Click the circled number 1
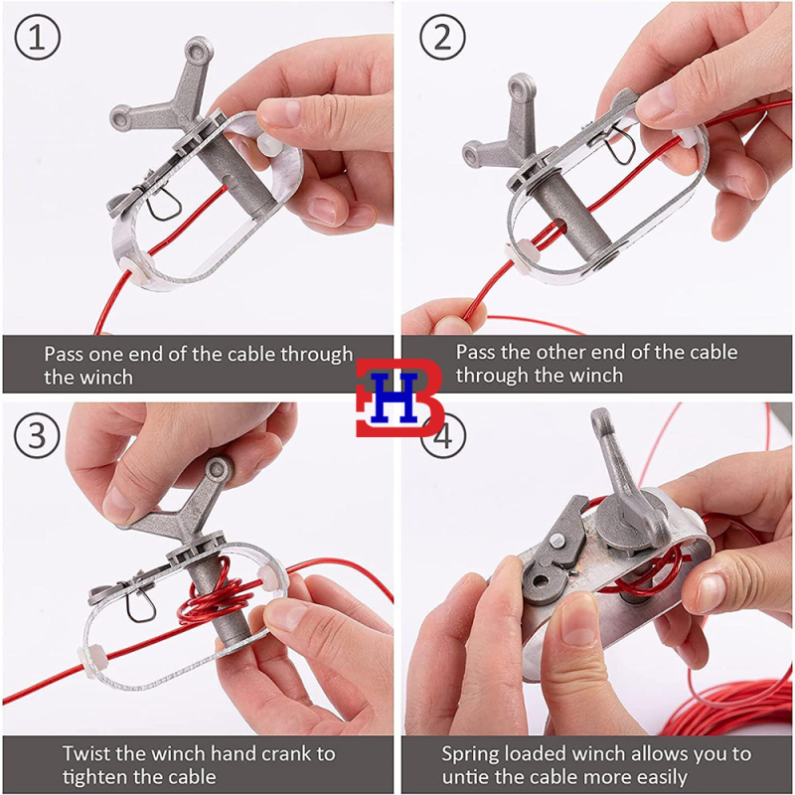pos(37,37)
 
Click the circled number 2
pos(442,37)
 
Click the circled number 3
pos(37,435)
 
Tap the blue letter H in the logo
pos(394,397)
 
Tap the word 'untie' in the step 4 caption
pos(464,777)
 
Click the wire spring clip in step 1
pos(164,203)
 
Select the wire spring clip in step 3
pos(141,606)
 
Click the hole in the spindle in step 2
pos(558,225)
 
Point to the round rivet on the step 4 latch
pos(557,542)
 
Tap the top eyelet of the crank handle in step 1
pos(199,50)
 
